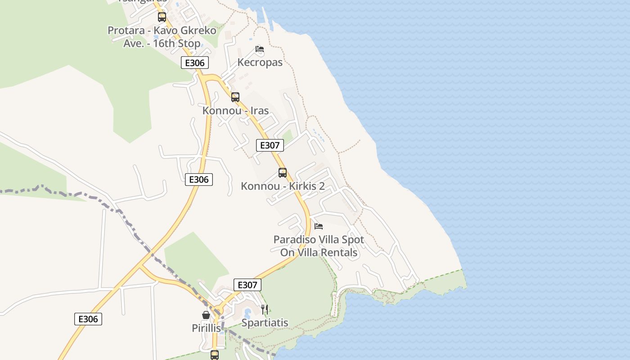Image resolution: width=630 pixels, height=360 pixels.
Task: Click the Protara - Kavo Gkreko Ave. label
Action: (x=162, y=37)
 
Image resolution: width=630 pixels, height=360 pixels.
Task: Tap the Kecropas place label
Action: (x=260, y=62)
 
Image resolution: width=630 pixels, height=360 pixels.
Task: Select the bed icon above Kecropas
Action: (x=260, y=49)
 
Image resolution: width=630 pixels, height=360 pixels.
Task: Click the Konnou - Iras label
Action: (x=235, y=110)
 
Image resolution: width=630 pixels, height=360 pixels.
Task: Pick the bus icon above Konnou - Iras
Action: (x=235, y=97)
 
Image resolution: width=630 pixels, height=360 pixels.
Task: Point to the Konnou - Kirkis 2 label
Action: (x=283, y=186)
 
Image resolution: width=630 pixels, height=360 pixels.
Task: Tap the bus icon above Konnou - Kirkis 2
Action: (x=283, y=172)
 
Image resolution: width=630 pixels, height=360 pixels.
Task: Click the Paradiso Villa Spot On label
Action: (x=319, y=246)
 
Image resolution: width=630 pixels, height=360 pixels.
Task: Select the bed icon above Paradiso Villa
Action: (x=319, y=226)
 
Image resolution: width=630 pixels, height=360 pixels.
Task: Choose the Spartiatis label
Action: (x=265, y=323)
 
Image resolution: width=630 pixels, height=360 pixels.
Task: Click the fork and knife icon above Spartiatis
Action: (x=265, y=310)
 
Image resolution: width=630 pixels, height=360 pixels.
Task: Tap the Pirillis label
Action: (x=206, y=328)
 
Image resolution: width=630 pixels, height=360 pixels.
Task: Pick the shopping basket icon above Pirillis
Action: (x=206, y=315)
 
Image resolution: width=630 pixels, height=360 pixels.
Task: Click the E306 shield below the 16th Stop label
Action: (x=195, y=63)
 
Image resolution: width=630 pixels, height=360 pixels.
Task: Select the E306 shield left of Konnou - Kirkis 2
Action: (x=199, y=180)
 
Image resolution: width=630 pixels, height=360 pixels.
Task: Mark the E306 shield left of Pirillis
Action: (x=88, y=319)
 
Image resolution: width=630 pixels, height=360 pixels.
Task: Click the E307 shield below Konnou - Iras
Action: (x=270, y=145)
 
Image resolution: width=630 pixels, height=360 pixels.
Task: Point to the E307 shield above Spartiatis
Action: (x=247, y=285)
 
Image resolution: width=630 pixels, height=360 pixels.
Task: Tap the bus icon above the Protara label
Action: (x=162, y=17)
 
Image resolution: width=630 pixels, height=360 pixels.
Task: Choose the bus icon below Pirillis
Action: (x=215, y=355)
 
